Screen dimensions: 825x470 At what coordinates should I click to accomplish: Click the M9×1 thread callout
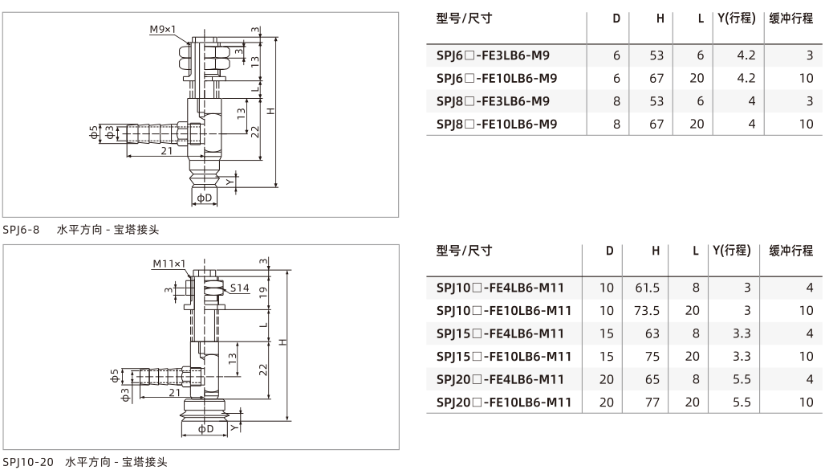point(163,30)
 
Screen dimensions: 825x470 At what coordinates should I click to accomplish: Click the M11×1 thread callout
point(169,264)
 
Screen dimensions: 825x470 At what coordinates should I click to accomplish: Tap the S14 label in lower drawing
point(239,288)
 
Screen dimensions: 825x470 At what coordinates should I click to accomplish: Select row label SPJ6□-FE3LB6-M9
point(493,55)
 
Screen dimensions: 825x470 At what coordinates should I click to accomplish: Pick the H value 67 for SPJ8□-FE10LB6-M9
point(656,124)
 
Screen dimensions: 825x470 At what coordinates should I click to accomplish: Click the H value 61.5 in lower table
point(647,288)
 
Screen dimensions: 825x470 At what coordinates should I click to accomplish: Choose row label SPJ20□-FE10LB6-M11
point(503,403)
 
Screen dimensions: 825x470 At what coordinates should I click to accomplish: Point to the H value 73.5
point(647,311)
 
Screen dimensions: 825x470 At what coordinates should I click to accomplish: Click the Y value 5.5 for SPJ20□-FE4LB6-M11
point(742,379)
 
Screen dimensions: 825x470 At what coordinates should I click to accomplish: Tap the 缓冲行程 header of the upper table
point(791,18)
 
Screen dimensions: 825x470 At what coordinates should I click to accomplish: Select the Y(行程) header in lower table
point(732,251)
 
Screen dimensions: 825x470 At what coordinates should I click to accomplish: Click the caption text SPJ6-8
point(21,230)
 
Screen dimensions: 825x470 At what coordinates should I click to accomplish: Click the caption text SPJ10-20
point(28,462)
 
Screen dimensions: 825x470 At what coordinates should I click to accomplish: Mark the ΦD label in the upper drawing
point(205,198)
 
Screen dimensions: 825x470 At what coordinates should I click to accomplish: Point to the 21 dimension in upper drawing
point(167,151)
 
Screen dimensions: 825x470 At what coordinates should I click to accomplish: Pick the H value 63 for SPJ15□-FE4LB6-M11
point(652,333)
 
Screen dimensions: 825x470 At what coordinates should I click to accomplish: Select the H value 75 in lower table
point(652,357)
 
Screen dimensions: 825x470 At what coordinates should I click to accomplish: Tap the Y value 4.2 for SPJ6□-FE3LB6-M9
point(746,55)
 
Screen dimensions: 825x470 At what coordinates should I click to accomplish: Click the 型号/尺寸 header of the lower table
point(464,251)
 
